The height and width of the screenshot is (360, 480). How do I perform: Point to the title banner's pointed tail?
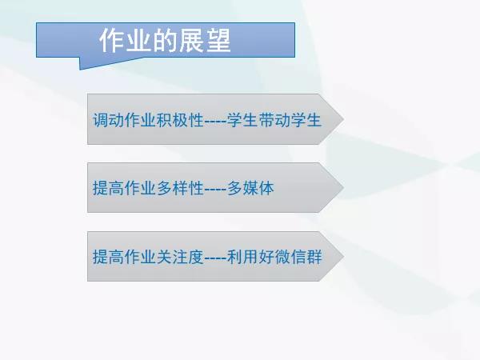80,69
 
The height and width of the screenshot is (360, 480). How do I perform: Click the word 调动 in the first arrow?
108,120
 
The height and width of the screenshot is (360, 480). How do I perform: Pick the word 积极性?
180,120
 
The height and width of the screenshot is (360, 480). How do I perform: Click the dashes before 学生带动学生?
215,121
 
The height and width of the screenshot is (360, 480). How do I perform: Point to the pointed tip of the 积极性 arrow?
343,119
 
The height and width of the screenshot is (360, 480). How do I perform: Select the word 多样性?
180,188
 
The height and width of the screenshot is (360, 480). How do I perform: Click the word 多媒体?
250,188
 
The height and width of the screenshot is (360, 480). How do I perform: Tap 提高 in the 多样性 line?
108,188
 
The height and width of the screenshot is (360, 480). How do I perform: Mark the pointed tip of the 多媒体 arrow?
343,188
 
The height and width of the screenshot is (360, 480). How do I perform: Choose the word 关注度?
180,257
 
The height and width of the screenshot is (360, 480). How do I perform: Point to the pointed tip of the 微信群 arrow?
343,256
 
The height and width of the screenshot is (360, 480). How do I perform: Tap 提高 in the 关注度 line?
108,257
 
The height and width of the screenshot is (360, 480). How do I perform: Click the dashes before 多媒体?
215,189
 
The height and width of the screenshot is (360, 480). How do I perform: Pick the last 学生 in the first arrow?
306,120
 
